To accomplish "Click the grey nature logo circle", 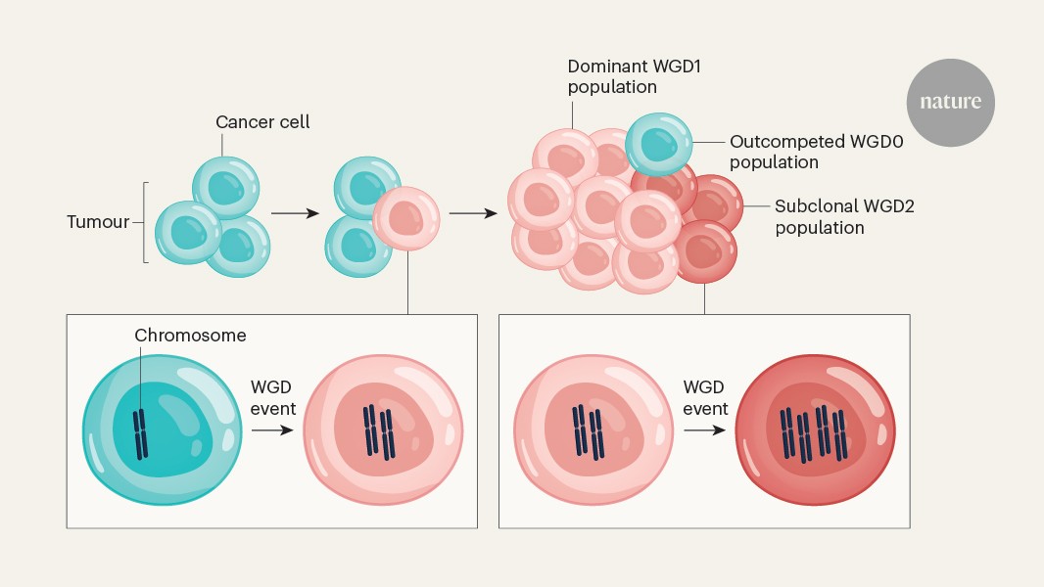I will point(950,102).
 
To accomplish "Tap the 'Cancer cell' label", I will point(261,123).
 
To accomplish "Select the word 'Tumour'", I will point(98,222).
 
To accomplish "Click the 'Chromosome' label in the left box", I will point(190,336).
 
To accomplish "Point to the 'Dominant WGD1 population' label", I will point(612,76).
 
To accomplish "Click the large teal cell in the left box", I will point(163,429).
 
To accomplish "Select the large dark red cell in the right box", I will point(815,429).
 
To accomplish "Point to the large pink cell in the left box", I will point(383,430).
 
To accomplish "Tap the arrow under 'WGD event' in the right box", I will point(705,430).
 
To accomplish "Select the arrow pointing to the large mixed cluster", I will point(474,211).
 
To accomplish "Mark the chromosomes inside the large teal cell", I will point(141,432).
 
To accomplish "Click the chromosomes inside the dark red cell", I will point(813,433).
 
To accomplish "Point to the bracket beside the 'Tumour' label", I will point(144,222).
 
